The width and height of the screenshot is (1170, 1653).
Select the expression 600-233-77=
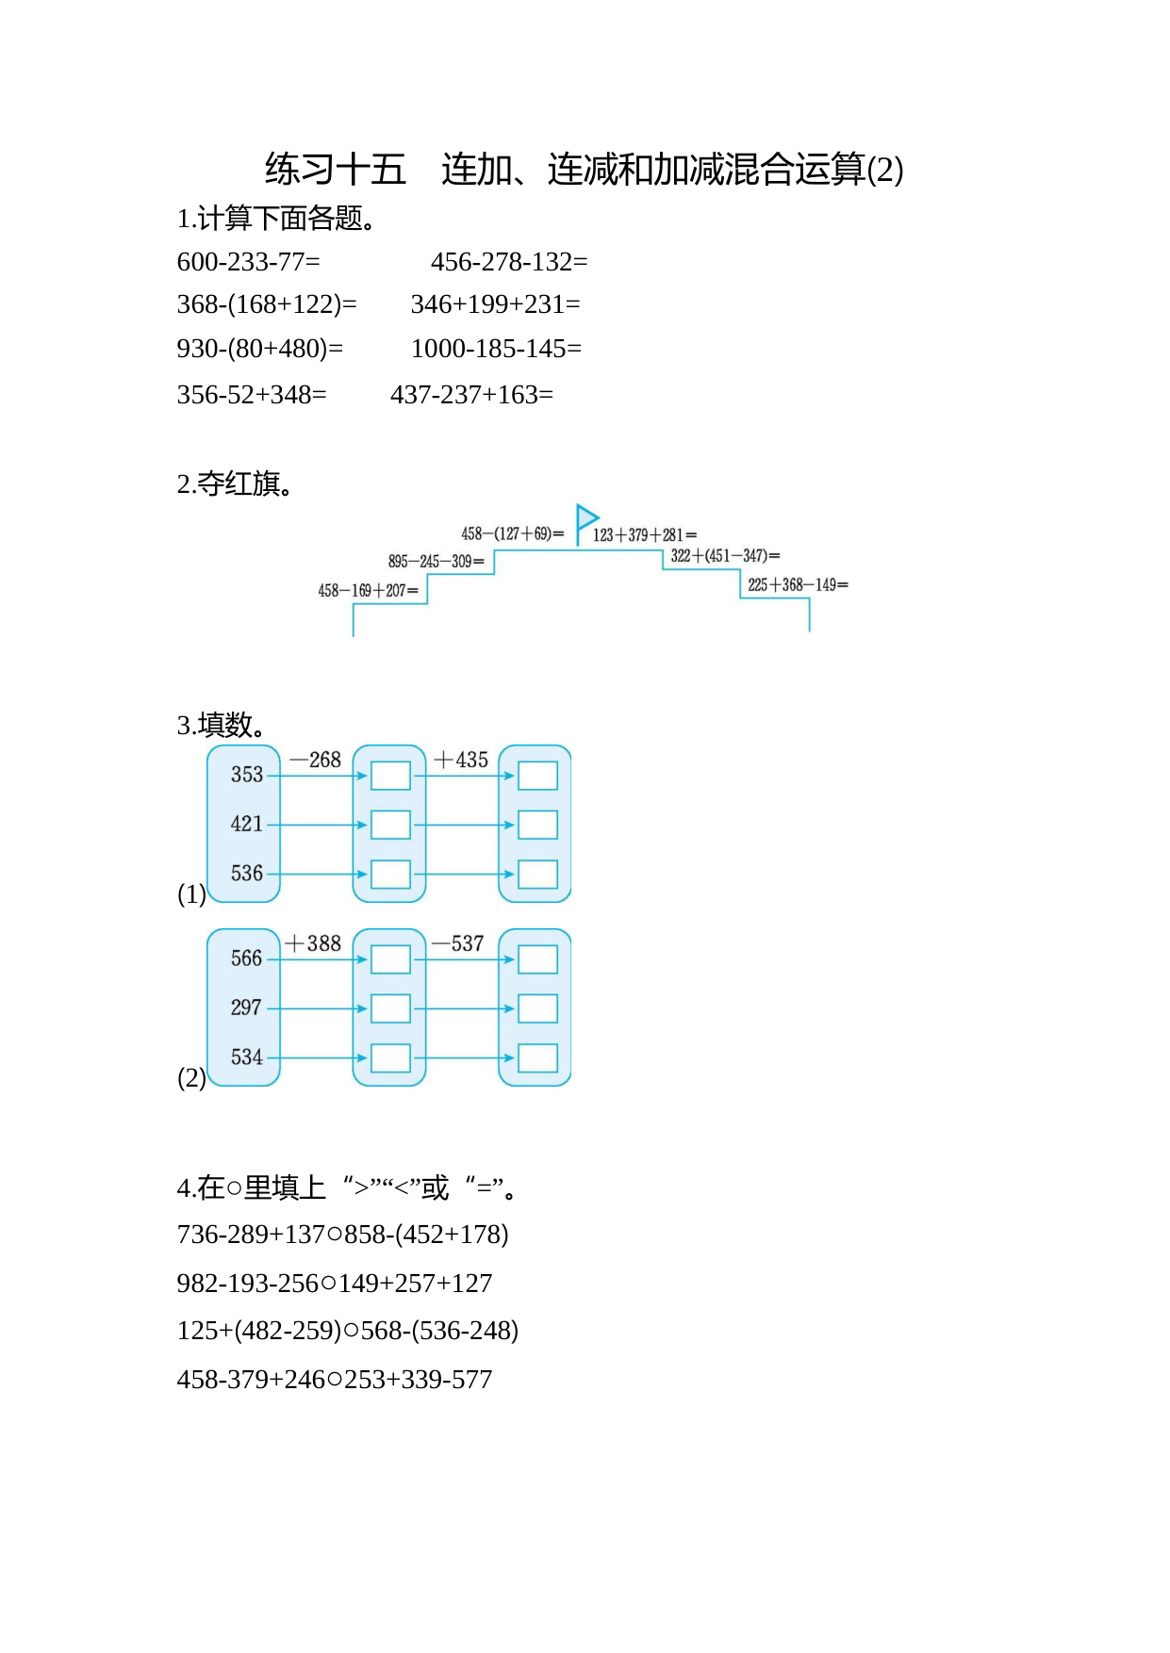click(249, 262)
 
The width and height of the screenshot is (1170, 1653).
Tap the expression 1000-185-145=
click(496, 349)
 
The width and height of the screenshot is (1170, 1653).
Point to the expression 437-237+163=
click(471, 395)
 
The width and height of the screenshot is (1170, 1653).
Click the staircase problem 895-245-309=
click(436, 562)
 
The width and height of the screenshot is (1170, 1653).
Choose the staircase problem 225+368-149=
click(798, 585)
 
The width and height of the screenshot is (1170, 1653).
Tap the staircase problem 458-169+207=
click(368, 591)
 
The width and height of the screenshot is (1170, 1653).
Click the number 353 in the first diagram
click(247, 775)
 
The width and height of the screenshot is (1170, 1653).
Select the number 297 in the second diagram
click(247, 1007)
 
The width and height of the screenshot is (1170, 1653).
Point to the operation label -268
click(315, 760)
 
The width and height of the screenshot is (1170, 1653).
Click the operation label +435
click(461, 760)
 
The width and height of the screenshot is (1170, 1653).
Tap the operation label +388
click(313, 943)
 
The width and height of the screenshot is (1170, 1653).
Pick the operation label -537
click(458, 943)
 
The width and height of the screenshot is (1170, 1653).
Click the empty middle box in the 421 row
click(390, 825)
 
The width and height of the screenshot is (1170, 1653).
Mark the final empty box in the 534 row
click(537, 1057)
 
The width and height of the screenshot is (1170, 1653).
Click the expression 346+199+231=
click(496, 304)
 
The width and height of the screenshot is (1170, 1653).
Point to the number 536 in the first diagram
click(247, 874)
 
